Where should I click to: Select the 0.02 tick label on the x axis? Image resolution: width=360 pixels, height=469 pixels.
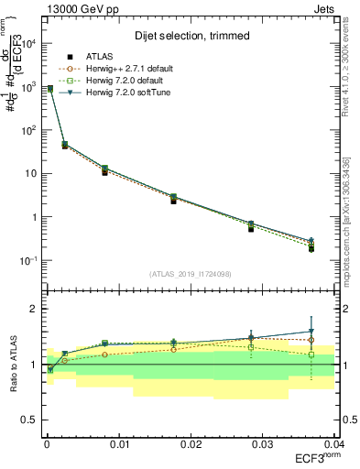(191, 443)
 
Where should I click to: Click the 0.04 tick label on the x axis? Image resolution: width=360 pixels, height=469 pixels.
(333, 443)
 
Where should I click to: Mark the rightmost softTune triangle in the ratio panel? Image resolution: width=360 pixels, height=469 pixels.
(311, 332)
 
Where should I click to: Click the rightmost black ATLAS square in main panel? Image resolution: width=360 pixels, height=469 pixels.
(311, 249)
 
